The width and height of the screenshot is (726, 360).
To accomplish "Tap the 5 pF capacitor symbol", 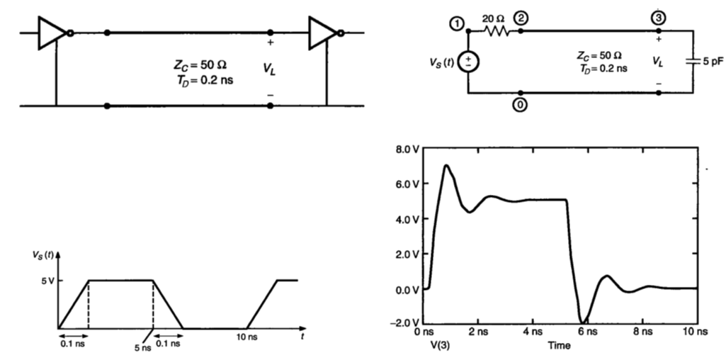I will [692, 62].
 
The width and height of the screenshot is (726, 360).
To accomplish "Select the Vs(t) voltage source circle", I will [468, 62].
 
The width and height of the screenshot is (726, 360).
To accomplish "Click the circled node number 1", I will [457, 25].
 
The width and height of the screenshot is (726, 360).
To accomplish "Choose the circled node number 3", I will [659, 18].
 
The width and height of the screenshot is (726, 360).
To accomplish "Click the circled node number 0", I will [521, 105].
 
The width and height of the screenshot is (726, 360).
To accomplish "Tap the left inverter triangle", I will [52, 33].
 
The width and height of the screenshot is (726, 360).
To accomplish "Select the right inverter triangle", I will [323, 33].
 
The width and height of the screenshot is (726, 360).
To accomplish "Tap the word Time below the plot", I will [558, 345].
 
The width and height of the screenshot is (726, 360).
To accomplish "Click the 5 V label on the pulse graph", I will [46, 281].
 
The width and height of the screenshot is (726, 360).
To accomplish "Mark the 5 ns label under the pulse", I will [142, 347].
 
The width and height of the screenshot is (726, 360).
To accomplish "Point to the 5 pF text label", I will [713, 62].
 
